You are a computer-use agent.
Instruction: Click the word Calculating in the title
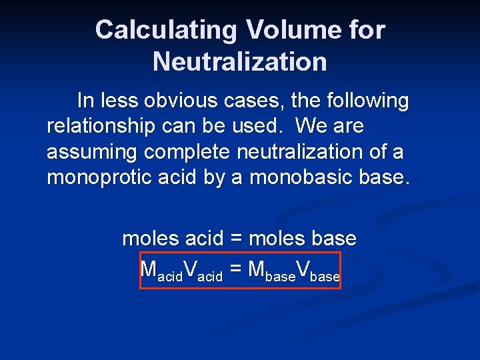click(166, 30)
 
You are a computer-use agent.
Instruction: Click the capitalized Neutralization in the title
click(240, 62)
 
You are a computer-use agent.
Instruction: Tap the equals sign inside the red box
click(235, 269)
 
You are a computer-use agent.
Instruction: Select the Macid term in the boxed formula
click(161, 271)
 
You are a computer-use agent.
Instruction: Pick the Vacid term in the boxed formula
click(203, 271)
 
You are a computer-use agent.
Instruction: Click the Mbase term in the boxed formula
click(271, 271)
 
